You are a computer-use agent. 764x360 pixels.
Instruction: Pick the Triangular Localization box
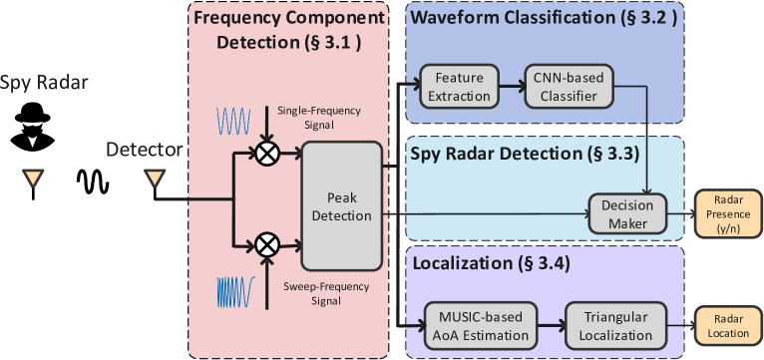[607, 324]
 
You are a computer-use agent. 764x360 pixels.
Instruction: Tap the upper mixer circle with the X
[266, 153]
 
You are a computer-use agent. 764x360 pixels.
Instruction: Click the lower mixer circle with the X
[266, 244]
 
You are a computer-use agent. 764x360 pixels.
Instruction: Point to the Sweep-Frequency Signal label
[312, 292]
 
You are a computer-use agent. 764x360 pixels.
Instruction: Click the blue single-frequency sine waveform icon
[235, 121]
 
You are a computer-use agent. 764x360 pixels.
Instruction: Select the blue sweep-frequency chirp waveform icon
[235, 291]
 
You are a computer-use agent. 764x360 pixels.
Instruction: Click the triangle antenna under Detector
[154, 179]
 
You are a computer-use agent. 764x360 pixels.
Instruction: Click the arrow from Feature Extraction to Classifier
[511, 87]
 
